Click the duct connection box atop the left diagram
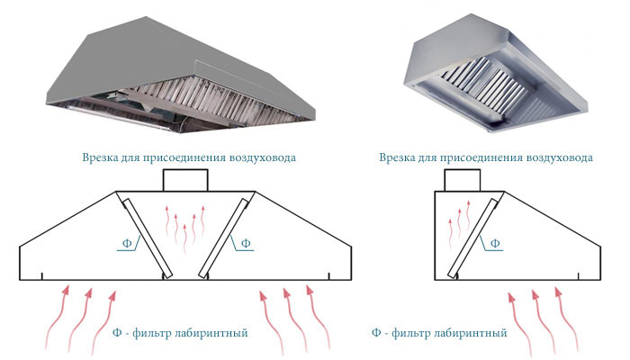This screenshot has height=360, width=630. [x=185, y=180]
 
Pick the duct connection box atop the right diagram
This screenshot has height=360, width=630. [x=462, y=180]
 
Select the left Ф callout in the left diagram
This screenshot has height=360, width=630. [x=127, y=243]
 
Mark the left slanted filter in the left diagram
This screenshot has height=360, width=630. [x=148, y=238]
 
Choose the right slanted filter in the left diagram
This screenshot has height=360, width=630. [x=223, y=238]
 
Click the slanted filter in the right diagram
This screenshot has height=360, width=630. [x=473, y=238]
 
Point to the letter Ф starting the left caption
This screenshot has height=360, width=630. [x=117, y=333]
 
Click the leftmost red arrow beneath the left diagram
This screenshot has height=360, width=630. [x=56, y=318]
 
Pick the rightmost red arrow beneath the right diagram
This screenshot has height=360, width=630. [x=566, y=319]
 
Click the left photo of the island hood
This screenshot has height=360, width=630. [x=181, y=75]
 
